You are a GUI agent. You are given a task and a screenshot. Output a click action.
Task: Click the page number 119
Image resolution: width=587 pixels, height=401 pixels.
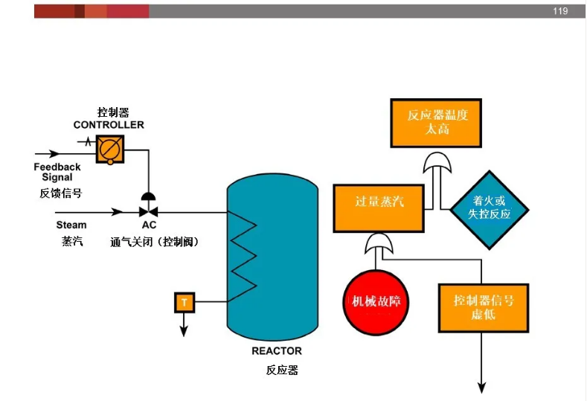coord(559,11)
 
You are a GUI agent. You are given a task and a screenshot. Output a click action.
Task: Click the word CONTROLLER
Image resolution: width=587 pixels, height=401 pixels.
coord(109,125)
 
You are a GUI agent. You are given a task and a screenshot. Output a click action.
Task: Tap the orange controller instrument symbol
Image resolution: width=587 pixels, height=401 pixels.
coord(110,150)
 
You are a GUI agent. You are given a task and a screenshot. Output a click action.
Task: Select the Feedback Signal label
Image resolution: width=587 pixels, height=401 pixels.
coord(57,172)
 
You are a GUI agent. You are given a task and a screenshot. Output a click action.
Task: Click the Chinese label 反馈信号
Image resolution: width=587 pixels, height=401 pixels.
coord(60,193)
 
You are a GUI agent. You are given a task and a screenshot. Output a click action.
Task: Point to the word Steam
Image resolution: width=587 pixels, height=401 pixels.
coord(71,225)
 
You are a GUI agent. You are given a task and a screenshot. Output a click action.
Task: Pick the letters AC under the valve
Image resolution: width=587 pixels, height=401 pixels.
coord(149,225)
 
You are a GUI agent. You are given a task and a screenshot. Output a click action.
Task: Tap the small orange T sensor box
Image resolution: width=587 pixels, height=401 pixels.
coord(184,302)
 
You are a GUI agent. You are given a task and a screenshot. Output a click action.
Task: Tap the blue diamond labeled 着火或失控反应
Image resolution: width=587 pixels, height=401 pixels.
coord(489,207)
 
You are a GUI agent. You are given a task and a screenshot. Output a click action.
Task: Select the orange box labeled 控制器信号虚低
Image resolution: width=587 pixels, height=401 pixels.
coord(484,307)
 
